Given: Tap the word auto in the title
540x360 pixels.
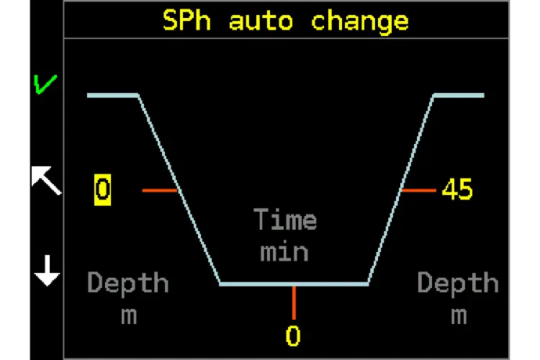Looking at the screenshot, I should click(261, 20).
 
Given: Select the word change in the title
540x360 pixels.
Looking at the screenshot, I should click(360, 20).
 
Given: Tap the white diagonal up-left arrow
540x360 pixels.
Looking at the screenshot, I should click(46, 179).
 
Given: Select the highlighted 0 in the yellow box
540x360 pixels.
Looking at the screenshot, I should click(102, 190).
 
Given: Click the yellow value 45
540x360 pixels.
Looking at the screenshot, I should click(457, 190).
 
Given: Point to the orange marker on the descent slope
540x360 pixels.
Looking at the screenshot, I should click(160, 190).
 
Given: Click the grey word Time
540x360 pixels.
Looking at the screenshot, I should click(285, 220).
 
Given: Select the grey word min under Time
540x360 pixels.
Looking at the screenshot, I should click(284, 252).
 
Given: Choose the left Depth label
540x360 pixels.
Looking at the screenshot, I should click(128, 283).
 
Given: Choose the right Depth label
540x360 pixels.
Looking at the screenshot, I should click(458, 283).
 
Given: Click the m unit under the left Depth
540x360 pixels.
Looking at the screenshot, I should click(128, 315).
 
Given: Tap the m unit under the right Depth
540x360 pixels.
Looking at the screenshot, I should click(459, 315).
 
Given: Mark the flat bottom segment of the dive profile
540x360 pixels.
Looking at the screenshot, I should click(294, 284).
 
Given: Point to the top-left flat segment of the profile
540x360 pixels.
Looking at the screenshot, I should click(112, 95).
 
